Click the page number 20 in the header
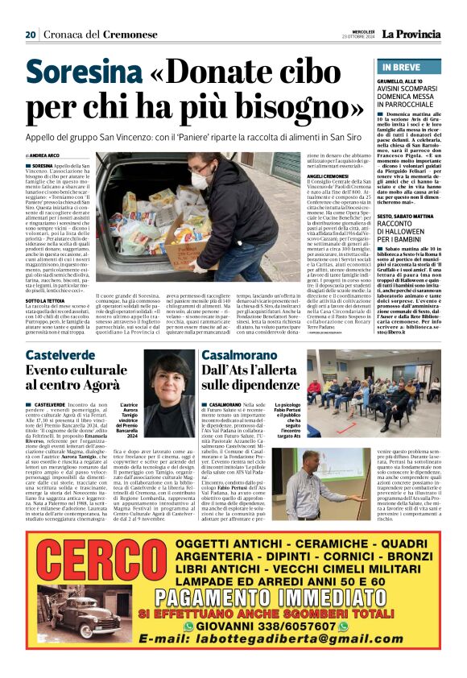[x=31, y=35]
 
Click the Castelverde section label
[x=61, y=355]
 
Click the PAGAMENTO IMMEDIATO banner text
[x=266, y=618]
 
